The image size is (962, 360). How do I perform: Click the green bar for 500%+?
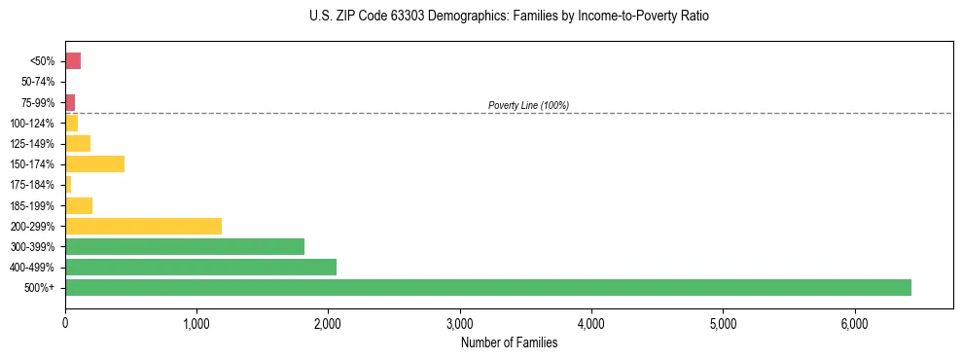[487, 287]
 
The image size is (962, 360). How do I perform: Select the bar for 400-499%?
[200, 267]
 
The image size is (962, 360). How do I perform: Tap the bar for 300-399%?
[185, 246]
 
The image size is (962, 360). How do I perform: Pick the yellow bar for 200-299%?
[143, 226]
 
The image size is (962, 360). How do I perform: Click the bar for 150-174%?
[94, 164]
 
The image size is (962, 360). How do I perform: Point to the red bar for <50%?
[73, 61]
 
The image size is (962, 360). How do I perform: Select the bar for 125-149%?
[78, 144]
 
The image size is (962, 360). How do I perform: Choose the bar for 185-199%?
[79, 205]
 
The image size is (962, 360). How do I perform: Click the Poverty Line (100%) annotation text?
[528, 105]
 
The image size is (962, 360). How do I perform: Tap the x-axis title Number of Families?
[509, 342]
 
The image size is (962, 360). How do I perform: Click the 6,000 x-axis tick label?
[854, 323]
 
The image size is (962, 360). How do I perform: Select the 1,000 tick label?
[196, 323]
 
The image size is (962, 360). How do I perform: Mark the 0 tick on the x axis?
[65, 323]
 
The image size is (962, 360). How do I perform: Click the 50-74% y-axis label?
[39, 82]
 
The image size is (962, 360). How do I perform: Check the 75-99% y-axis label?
[39, 102]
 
